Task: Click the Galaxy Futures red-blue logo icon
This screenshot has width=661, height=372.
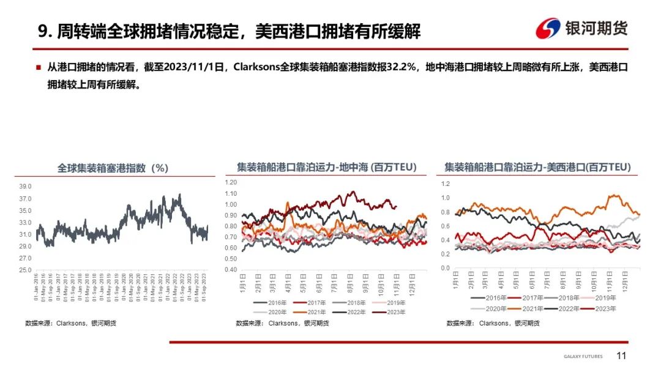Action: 548,29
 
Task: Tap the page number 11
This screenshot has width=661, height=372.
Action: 622,356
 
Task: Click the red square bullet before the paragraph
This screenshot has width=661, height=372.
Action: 38,67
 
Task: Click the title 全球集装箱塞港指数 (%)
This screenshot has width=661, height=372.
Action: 113,168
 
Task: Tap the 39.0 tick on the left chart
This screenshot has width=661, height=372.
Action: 25,187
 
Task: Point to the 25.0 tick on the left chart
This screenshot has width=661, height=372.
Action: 25,270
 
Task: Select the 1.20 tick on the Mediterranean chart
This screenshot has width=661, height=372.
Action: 230,182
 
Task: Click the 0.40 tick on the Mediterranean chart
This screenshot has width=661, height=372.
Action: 230,270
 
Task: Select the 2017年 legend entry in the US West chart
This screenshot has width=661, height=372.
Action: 532,298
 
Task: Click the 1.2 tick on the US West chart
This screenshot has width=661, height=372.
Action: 445,184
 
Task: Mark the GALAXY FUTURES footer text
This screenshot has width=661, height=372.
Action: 583,357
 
